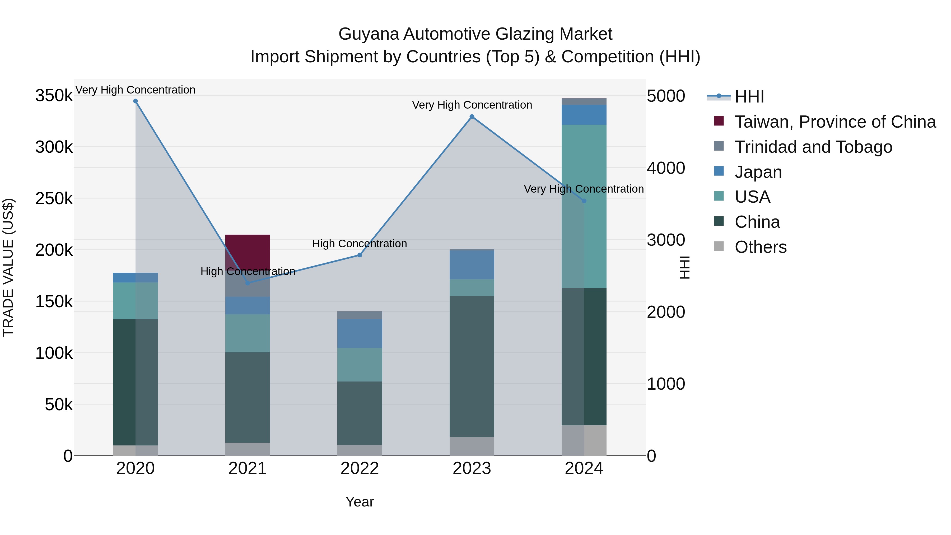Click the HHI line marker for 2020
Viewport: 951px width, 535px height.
(x=136, y=101)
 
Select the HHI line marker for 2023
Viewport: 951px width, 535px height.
(x=472, y=117)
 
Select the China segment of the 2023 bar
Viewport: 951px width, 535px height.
(x=472, y=366)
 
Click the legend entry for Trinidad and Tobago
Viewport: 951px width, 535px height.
(x=813, y=147)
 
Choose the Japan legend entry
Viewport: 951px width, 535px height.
(x=758, y=172)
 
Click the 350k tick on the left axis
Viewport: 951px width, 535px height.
(x=54, y=96)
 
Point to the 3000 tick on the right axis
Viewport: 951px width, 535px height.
(x=666, y=240)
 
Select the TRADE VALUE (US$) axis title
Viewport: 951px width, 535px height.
(x=8, y=267)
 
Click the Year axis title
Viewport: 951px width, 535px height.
(x=360, y=502)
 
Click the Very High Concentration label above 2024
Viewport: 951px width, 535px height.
(x=584, y=189)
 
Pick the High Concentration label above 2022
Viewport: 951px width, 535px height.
(x=360, y=244)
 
